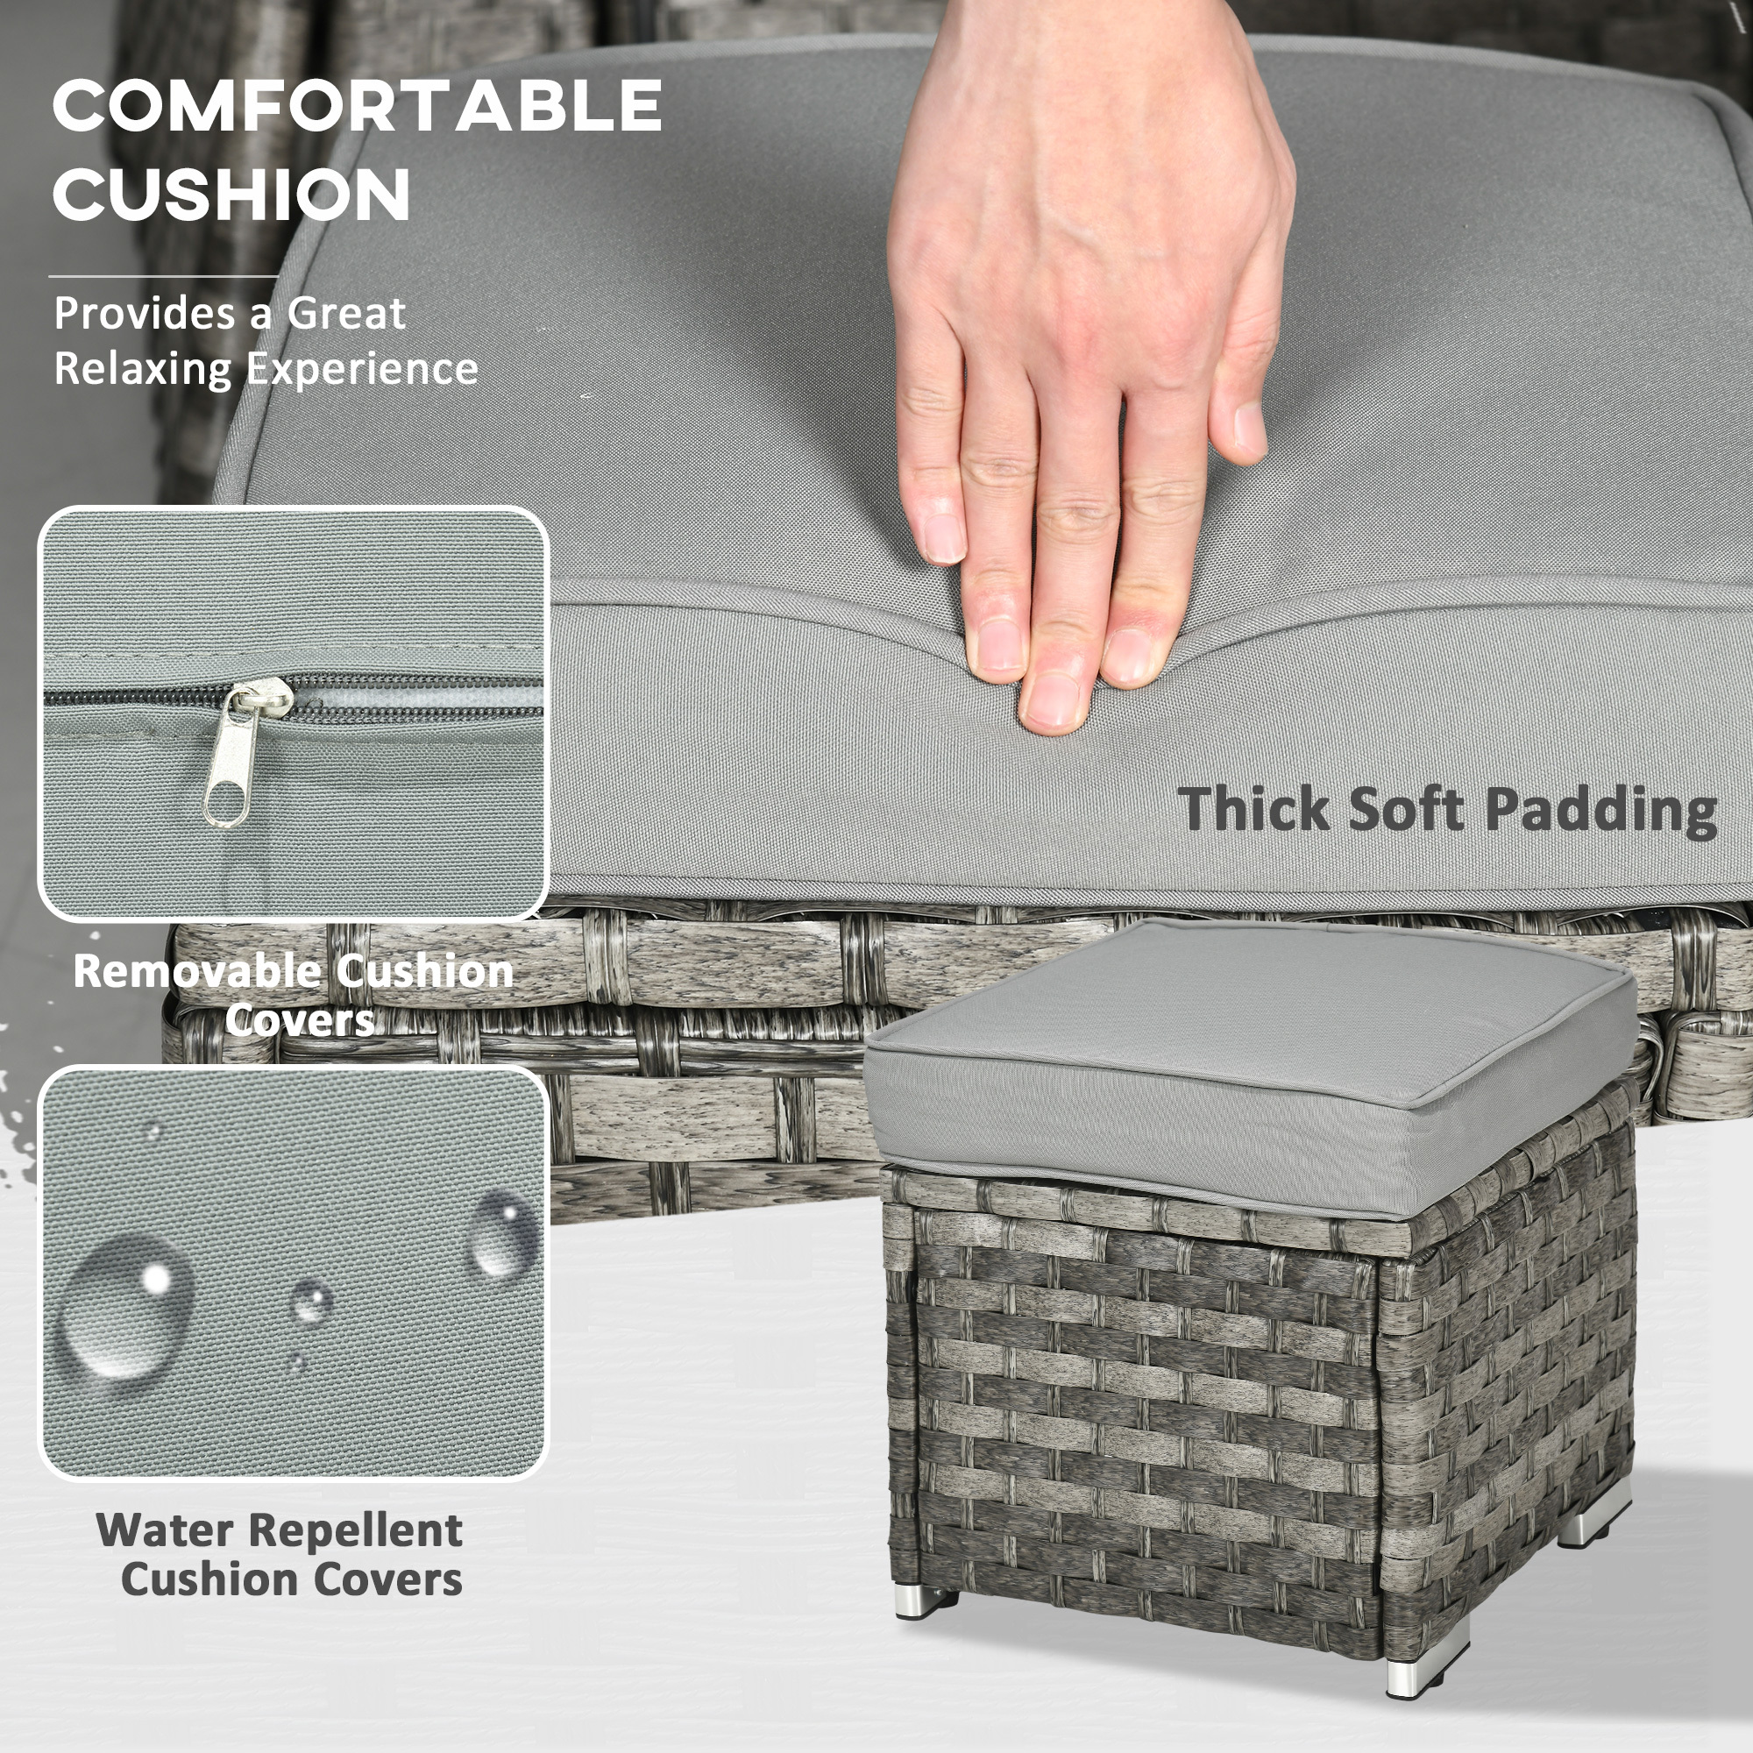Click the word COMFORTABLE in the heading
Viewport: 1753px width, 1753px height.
[x=357, y=105]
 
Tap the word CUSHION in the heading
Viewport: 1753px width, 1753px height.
[x=231, y=193]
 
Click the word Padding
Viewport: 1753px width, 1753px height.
[x=1600, y=810]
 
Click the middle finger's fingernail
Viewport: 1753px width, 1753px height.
[x=1054, y=700]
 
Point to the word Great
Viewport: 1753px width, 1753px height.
[x=345, y=314]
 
